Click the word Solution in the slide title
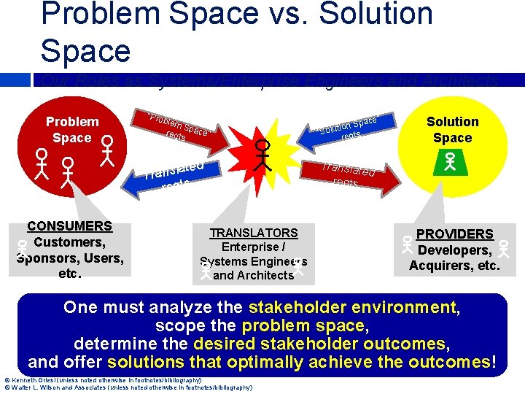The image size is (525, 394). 364,15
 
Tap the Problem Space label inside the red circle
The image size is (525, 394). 72,130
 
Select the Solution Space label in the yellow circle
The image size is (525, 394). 452,130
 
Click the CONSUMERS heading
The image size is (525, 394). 69,226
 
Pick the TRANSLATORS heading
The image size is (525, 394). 254,233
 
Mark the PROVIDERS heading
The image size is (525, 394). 454,234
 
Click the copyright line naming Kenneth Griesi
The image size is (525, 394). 103,380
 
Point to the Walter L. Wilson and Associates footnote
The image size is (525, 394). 128,388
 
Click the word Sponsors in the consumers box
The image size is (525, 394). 47,258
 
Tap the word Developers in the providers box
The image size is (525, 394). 450,250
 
